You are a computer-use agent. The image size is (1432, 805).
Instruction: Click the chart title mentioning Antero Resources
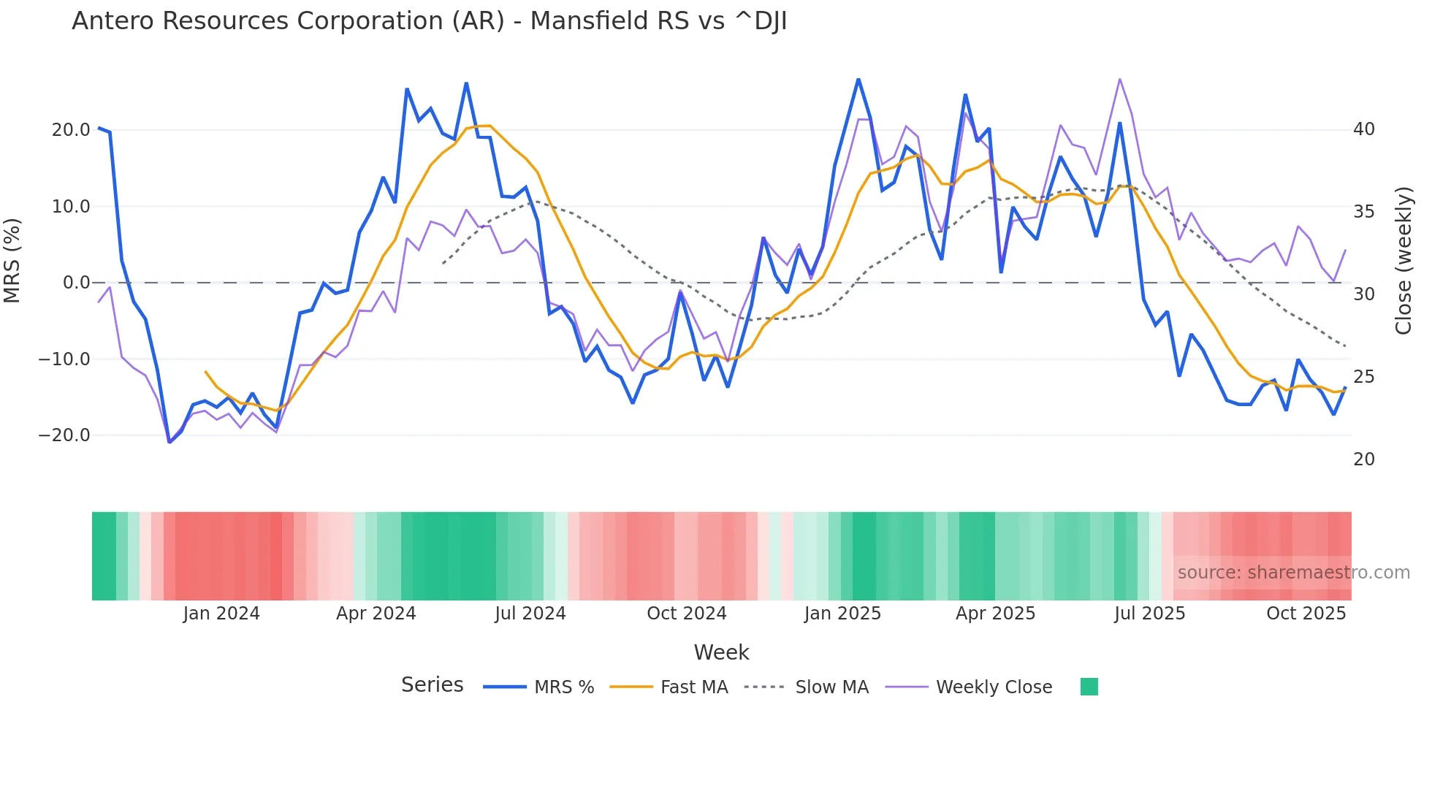pyautogui.click(x=429, y=21)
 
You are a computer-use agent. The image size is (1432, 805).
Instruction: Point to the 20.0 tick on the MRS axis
pyautogui.click(x=71, y=130)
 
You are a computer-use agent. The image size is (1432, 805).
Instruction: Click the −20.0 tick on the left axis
pyautogui.click(x=64, y=435)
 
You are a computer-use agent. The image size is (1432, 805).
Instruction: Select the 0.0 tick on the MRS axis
pyautogui.click(x=76, y=283)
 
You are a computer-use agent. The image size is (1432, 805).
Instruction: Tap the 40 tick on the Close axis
pyautogui.click(x=1363, y=129)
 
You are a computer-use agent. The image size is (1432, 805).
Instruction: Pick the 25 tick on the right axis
pyautogui.click(x=1363, y=377)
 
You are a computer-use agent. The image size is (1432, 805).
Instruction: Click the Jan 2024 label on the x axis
pyautogui.click(x=221, y=614)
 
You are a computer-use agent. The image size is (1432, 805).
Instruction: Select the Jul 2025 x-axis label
pyautogui.click(x=1149, y=614)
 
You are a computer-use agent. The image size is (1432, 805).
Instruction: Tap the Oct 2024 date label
pyautogui.click(x=686, y=614)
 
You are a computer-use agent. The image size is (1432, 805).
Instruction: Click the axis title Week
pyautogui.click(x=721, y=652)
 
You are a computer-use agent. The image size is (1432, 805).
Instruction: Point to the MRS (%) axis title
pyautogui.click(x=12, y=260)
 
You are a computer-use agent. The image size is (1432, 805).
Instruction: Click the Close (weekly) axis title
pyautogui.click(x=1403, y=260)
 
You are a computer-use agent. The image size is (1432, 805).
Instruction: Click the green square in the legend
pyautogui.click(x=1089, y=687)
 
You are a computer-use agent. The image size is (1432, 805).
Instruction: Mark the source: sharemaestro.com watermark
pyautogui.click(x=1293, y=573)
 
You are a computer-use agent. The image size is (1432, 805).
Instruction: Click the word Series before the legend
pyautogui.click(x=432, y=685)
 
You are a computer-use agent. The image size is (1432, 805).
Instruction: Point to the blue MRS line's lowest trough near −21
pyautogui.click(x=170, y=442)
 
